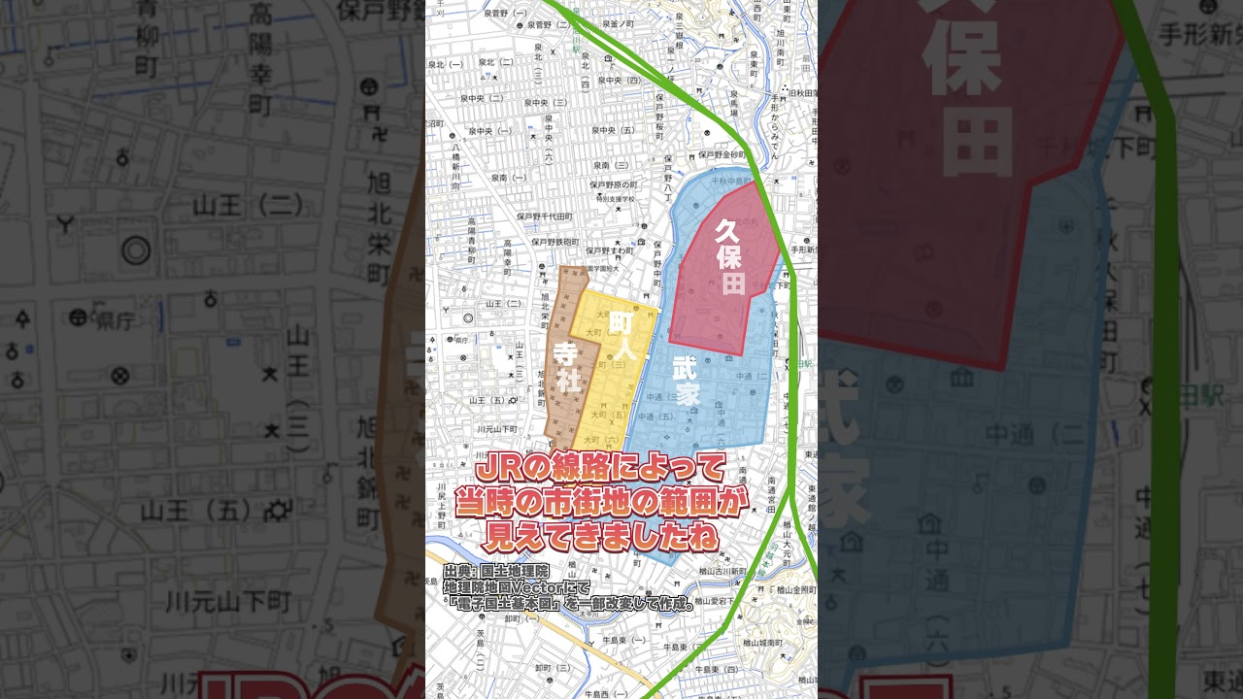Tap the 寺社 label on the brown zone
point(568,368)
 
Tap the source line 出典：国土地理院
point(496,571)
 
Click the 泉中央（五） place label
point(614,130)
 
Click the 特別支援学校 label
point(616,199)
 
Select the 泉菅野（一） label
point(508,14)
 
